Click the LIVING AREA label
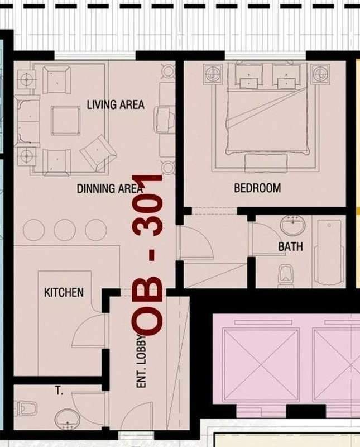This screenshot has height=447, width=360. pos(116,104)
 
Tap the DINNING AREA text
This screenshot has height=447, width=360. pos(109,188)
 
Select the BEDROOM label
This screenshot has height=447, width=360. pos(257,188)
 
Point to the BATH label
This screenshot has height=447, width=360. pos(290,246)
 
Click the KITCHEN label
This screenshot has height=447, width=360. pos(64,292)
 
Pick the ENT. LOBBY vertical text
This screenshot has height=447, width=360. pos(142,361)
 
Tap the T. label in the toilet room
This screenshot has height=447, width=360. pos(59,391)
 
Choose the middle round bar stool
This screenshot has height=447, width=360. pos(65,230)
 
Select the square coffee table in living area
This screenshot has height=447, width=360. pos(65,121)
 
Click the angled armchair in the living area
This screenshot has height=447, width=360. pos(98,152)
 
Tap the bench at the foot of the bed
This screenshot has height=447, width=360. pos(266,163)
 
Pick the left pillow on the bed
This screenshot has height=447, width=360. pos(249,75)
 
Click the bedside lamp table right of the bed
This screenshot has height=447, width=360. pos(320,74)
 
